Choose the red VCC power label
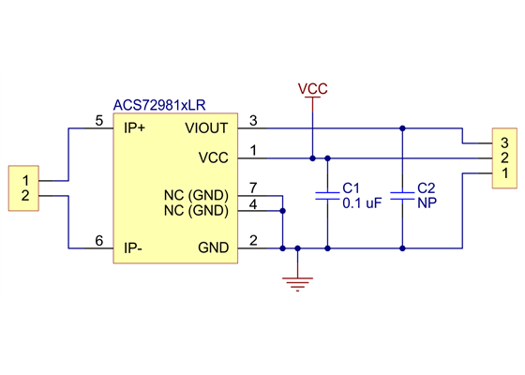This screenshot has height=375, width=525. coord(312,89)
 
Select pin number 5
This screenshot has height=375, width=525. coord(98,121)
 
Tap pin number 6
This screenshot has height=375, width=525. coord(98,241)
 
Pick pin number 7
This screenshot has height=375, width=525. coord(253,188)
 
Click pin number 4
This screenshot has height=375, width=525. coord(253,204)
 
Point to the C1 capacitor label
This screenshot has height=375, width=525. coord(352,187)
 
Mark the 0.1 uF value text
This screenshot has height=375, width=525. coord(359,202)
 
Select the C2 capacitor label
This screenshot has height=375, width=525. coord(427,187)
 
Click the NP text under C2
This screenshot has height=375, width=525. coord(427,202)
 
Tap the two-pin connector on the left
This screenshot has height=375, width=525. coord(25,187)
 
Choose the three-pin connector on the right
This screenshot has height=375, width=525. coord(504,158)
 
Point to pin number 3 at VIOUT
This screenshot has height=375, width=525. coord(253,121)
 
